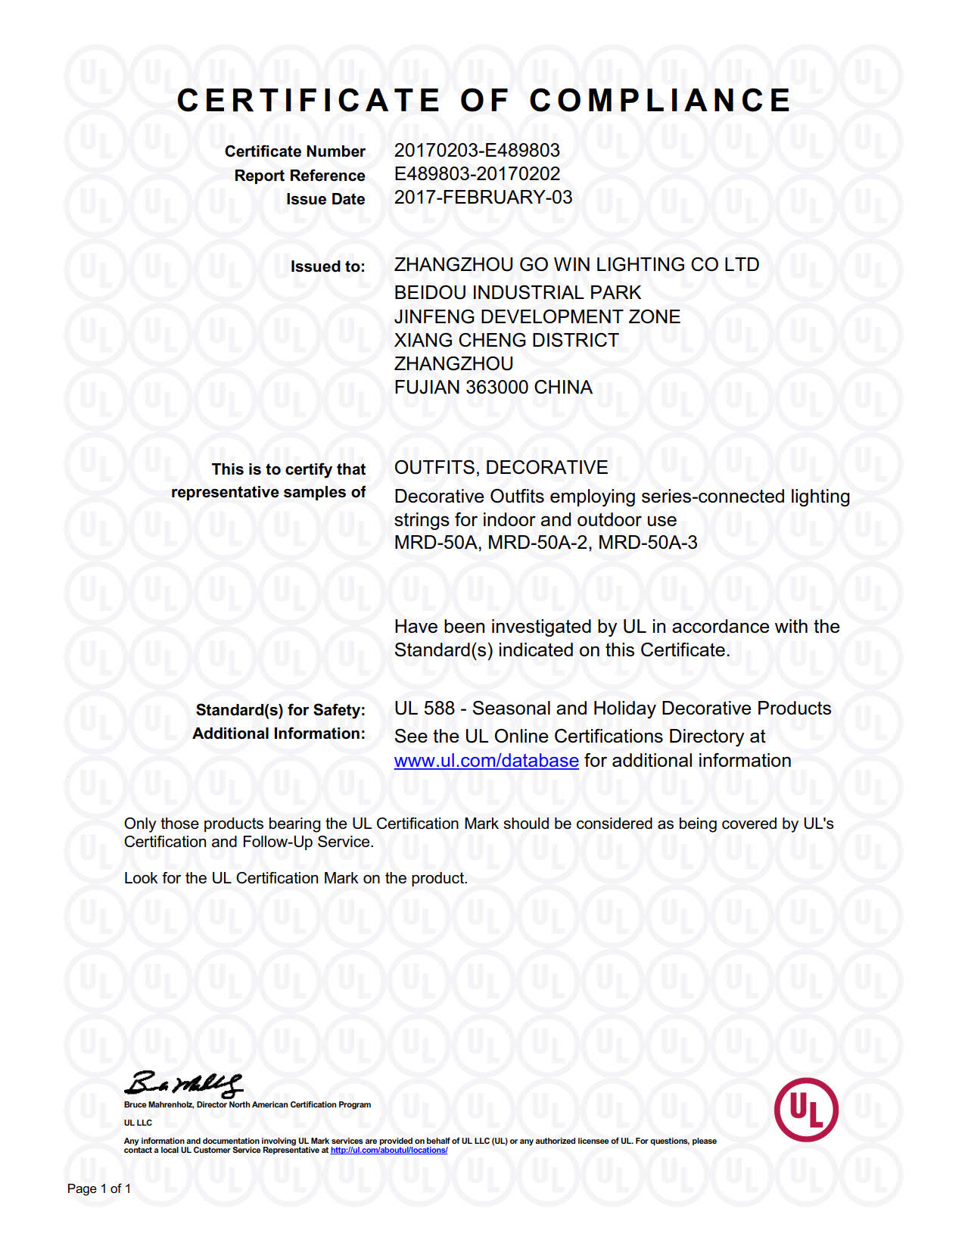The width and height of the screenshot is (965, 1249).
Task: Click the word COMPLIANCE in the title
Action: [660, 101]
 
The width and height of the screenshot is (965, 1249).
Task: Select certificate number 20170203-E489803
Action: [477, 151]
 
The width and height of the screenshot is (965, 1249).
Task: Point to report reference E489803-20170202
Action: [477, 174]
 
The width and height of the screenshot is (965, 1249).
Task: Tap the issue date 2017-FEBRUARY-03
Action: [483, 198]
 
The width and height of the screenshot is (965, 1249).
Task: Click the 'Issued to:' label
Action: [328, 266]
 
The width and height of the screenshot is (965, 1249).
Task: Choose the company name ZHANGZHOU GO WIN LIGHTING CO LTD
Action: [576, 265]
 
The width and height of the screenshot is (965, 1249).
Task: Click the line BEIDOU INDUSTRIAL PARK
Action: [517, 293]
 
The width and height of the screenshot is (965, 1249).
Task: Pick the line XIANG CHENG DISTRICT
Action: [506, 341]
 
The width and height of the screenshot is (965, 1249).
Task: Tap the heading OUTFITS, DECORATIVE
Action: [501, 468]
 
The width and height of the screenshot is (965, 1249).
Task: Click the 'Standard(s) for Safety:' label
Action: [280, 710]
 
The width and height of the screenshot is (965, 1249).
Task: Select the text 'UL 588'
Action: [424, 709]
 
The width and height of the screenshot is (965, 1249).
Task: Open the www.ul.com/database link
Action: [486, 761]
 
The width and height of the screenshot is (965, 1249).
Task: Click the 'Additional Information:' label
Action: [279, 734]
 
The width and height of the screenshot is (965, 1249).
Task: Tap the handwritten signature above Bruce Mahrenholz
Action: [184, 1084]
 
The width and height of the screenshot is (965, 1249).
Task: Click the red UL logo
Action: [806, 1110]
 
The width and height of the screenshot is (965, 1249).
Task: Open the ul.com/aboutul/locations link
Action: [389, 1151]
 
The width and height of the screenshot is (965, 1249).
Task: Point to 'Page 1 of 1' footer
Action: [99, 1188]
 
